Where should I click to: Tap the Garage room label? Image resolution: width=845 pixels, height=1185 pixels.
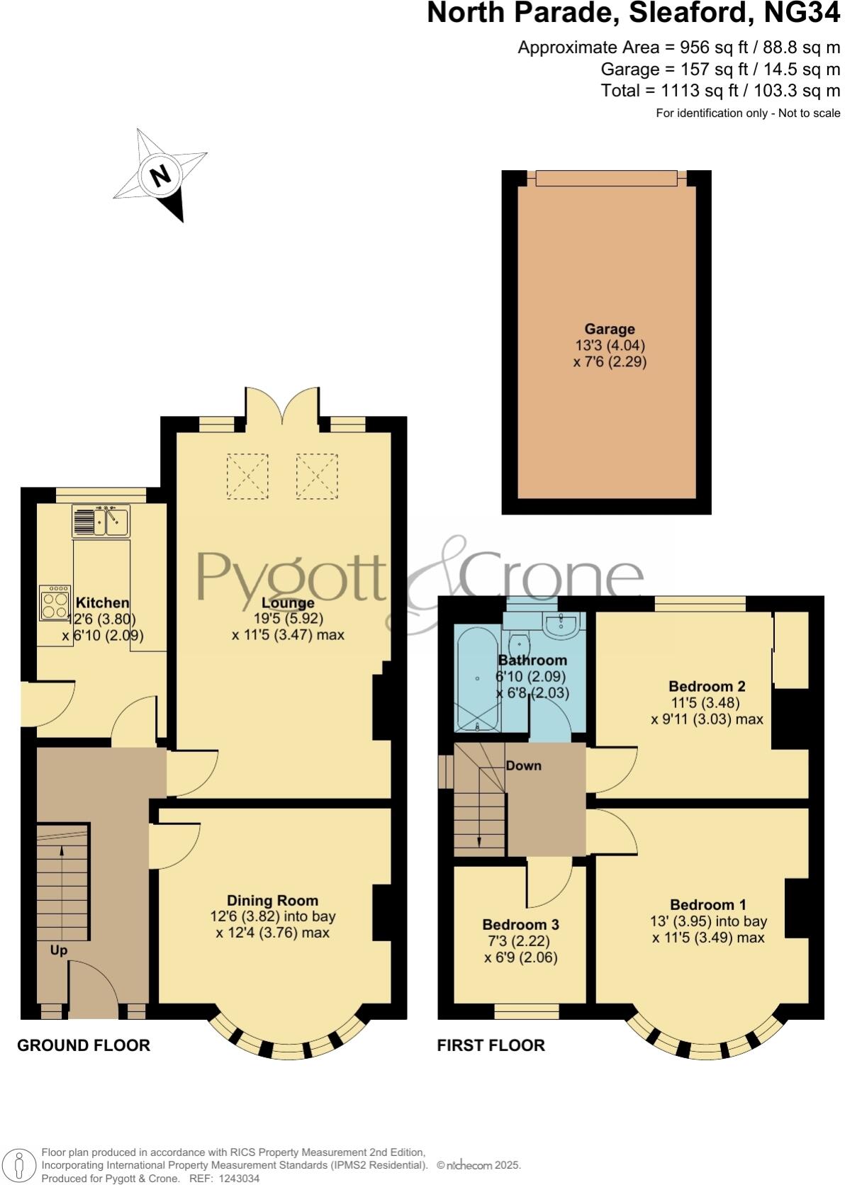point(609,329)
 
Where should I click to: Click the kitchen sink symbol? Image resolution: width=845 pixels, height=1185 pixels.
point(101,521)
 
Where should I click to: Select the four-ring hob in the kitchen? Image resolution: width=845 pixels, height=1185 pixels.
point(55,602)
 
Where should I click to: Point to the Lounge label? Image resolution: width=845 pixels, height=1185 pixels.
point(288,603)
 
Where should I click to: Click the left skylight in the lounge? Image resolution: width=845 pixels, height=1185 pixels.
point(247,476)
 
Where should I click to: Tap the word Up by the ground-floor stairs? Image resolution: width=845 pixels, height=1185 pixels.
point(58,950)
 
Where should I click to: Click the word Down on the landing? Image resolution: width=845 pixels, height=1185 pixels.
point(523,765)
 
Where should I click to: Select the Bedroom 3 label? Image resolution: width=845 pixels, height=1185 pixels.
point(520,924)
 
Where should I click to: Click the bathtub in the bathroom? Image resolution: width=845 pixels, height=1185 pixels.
point(479,680)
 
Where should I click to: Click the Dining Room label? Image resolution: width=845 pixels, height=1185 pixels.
point(272,901)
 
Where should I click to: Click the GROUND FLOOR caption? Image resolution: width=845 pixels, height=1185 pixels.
point(84,1045)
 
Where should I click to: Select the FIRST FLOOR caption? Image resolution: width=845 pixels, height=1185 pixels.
point(491,1045)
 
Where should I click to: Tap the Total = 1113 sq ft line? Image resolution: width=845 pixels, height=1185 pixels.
point(720,90)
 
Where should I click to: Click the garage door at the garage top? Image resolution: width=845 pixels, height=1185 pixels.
point(606,177)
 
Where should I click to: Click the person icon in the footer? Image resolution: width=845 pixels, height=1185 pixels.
point(21,1164)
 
